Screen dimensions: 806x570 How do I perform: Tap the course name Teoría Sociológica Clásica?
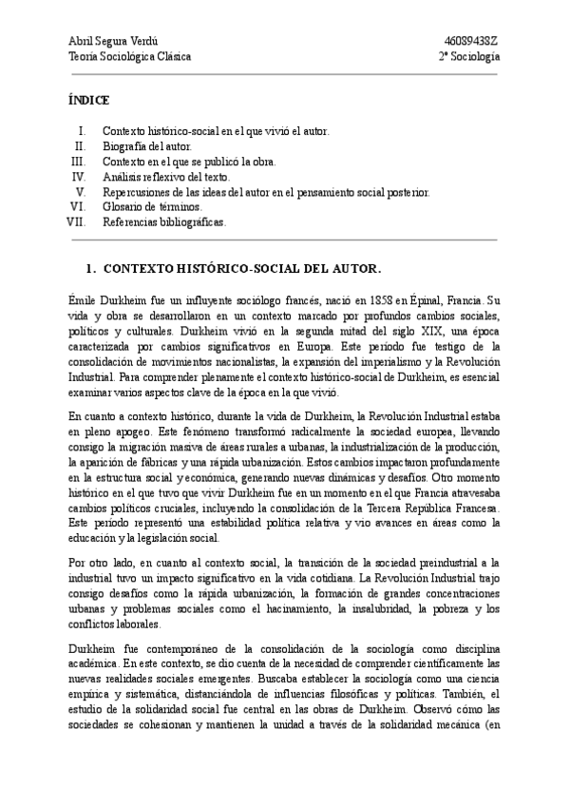point(130,56)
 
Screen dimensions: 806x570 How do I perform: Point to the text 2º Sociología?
point(469,56)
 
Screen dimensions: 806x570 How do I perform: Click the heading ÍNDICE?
point(89,100)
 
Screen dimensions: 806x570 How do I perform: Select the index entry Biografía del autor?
point(147,146)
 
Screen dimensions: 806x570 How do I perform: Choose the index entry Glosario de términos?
point(152,207)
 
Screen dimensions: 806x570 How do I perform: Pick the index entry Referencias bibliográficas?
point(164,222)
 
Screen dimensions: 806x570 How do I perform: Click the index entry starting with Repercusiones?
point(266,192)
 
